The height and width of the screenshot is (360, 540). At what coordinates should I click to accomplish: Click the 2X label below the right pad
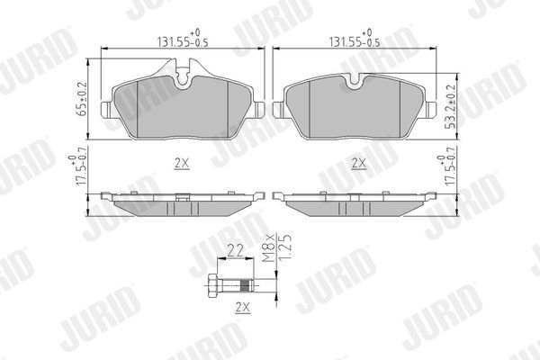click(x=358, y=165)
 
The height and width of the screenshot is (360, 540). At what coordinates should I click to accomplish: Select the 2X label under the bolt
click(x=240, y=309)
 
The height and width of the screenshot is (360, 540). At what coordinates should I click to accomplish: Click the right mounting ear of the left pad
click(x=257, y=111)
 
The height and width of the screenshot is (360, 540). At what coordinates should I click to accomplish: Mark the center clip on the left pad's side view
click(x=183, y=196)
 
